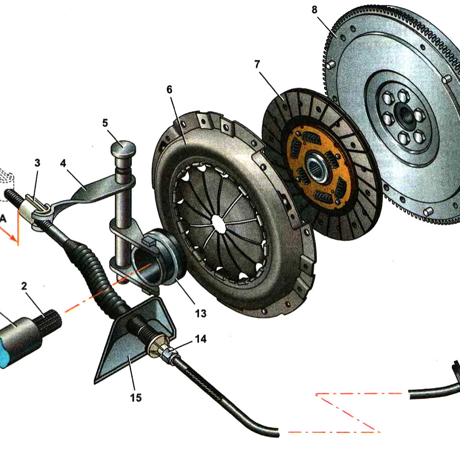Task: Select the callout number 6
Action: (x=169, y=89)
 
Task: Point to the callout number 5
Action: (x=105, y=123)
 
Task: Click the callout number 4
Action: (x=63, y=163)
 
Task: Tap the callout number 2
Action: (x=24, y=286)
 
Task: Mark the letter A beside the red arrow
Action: (x=4, y=218)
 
